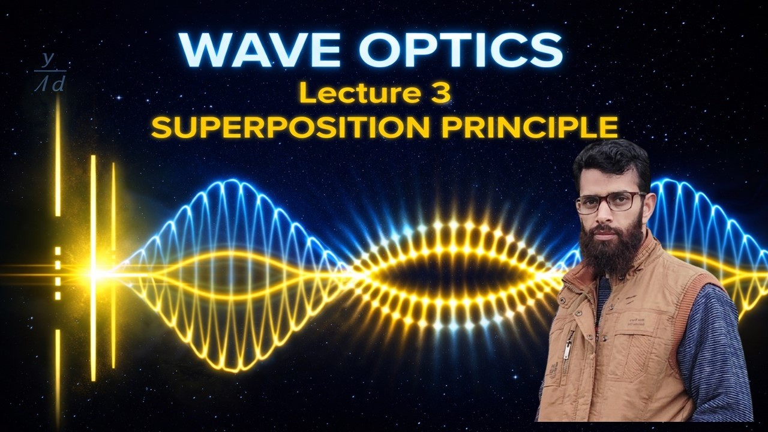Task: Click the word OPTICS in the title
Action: pos(461,50)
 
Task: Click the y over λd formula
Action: pos(50,73)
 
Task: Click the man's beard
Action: pos(611,249)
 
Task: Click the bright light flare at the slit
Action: pos(94,274)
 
